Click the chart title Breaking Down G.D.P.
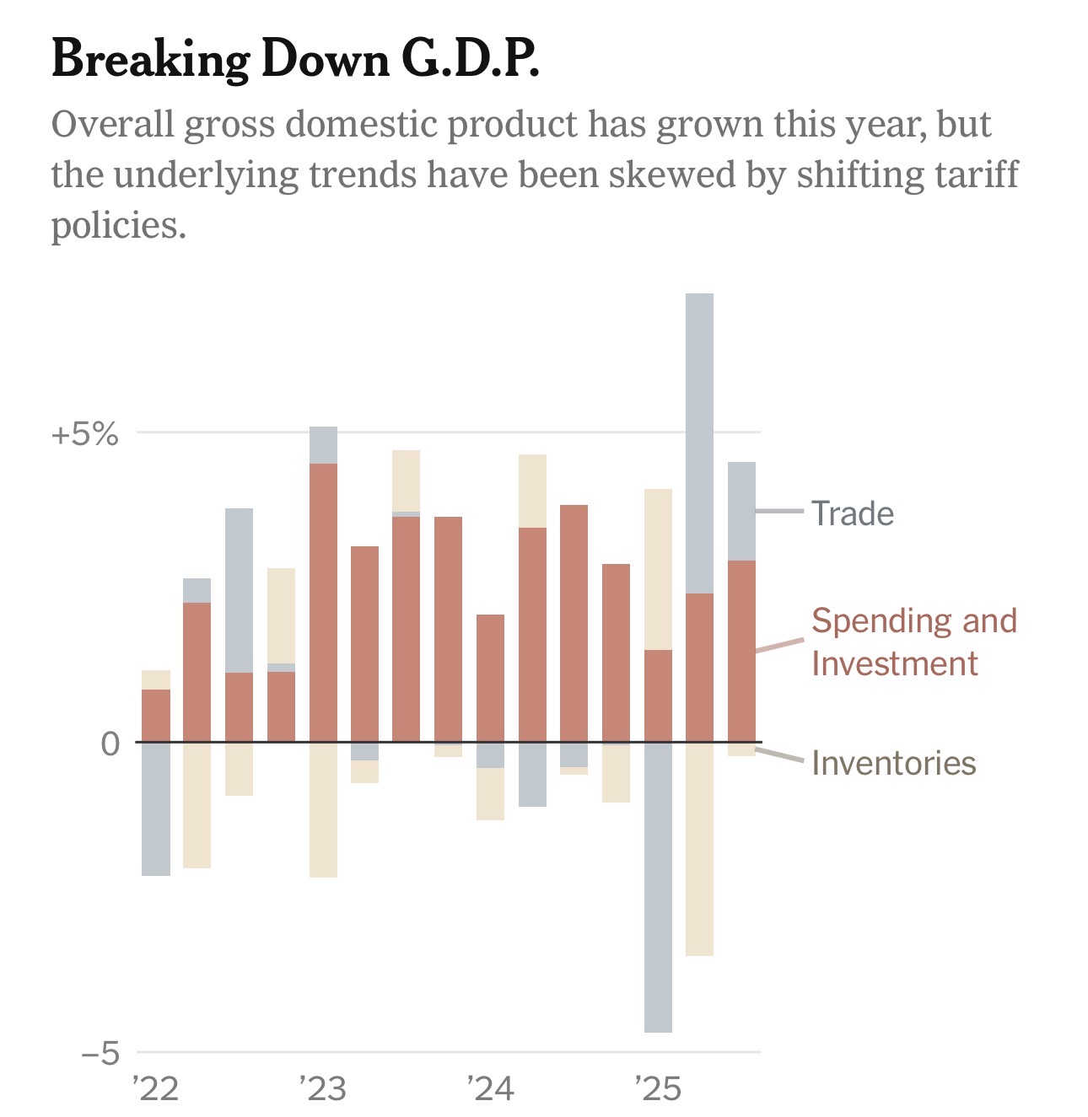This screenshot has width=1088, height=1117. (x=294, y=60)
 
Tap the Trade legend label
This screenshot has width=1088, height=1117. (x=852, y=513)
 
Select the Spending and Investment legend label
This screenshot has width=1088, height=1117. (x=913, y=642)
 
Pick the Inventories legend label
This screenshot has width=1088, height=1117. (x=893, y=763)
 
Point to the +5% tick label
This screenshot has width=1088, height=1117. (x=84, y=435)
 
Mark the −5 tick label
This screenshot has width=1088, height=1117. (x=100, y=1054)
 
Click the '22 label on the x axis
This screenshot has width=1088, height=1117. (x=156, y=1089)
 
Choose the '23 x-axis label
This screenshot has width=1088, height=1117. (x=323, y=1089)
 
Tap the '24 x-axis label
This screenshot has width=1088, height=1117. (x=490, y=1089)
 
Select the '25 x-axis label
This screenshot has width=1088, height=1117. (x=657, y=1089)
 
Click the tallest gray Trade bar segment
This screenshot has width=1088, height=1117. (x=699, y=443)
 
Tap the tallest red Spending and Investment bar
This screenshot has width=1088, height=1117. (x=323, y=603)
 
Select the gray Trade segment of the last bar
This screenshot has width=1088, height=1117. (x=741, y=511)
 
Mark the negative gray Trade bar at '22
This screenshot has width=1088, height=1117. (x=156, y=809)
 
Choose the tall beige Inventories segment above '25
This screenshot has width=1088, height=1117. (x=658, y=569)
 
